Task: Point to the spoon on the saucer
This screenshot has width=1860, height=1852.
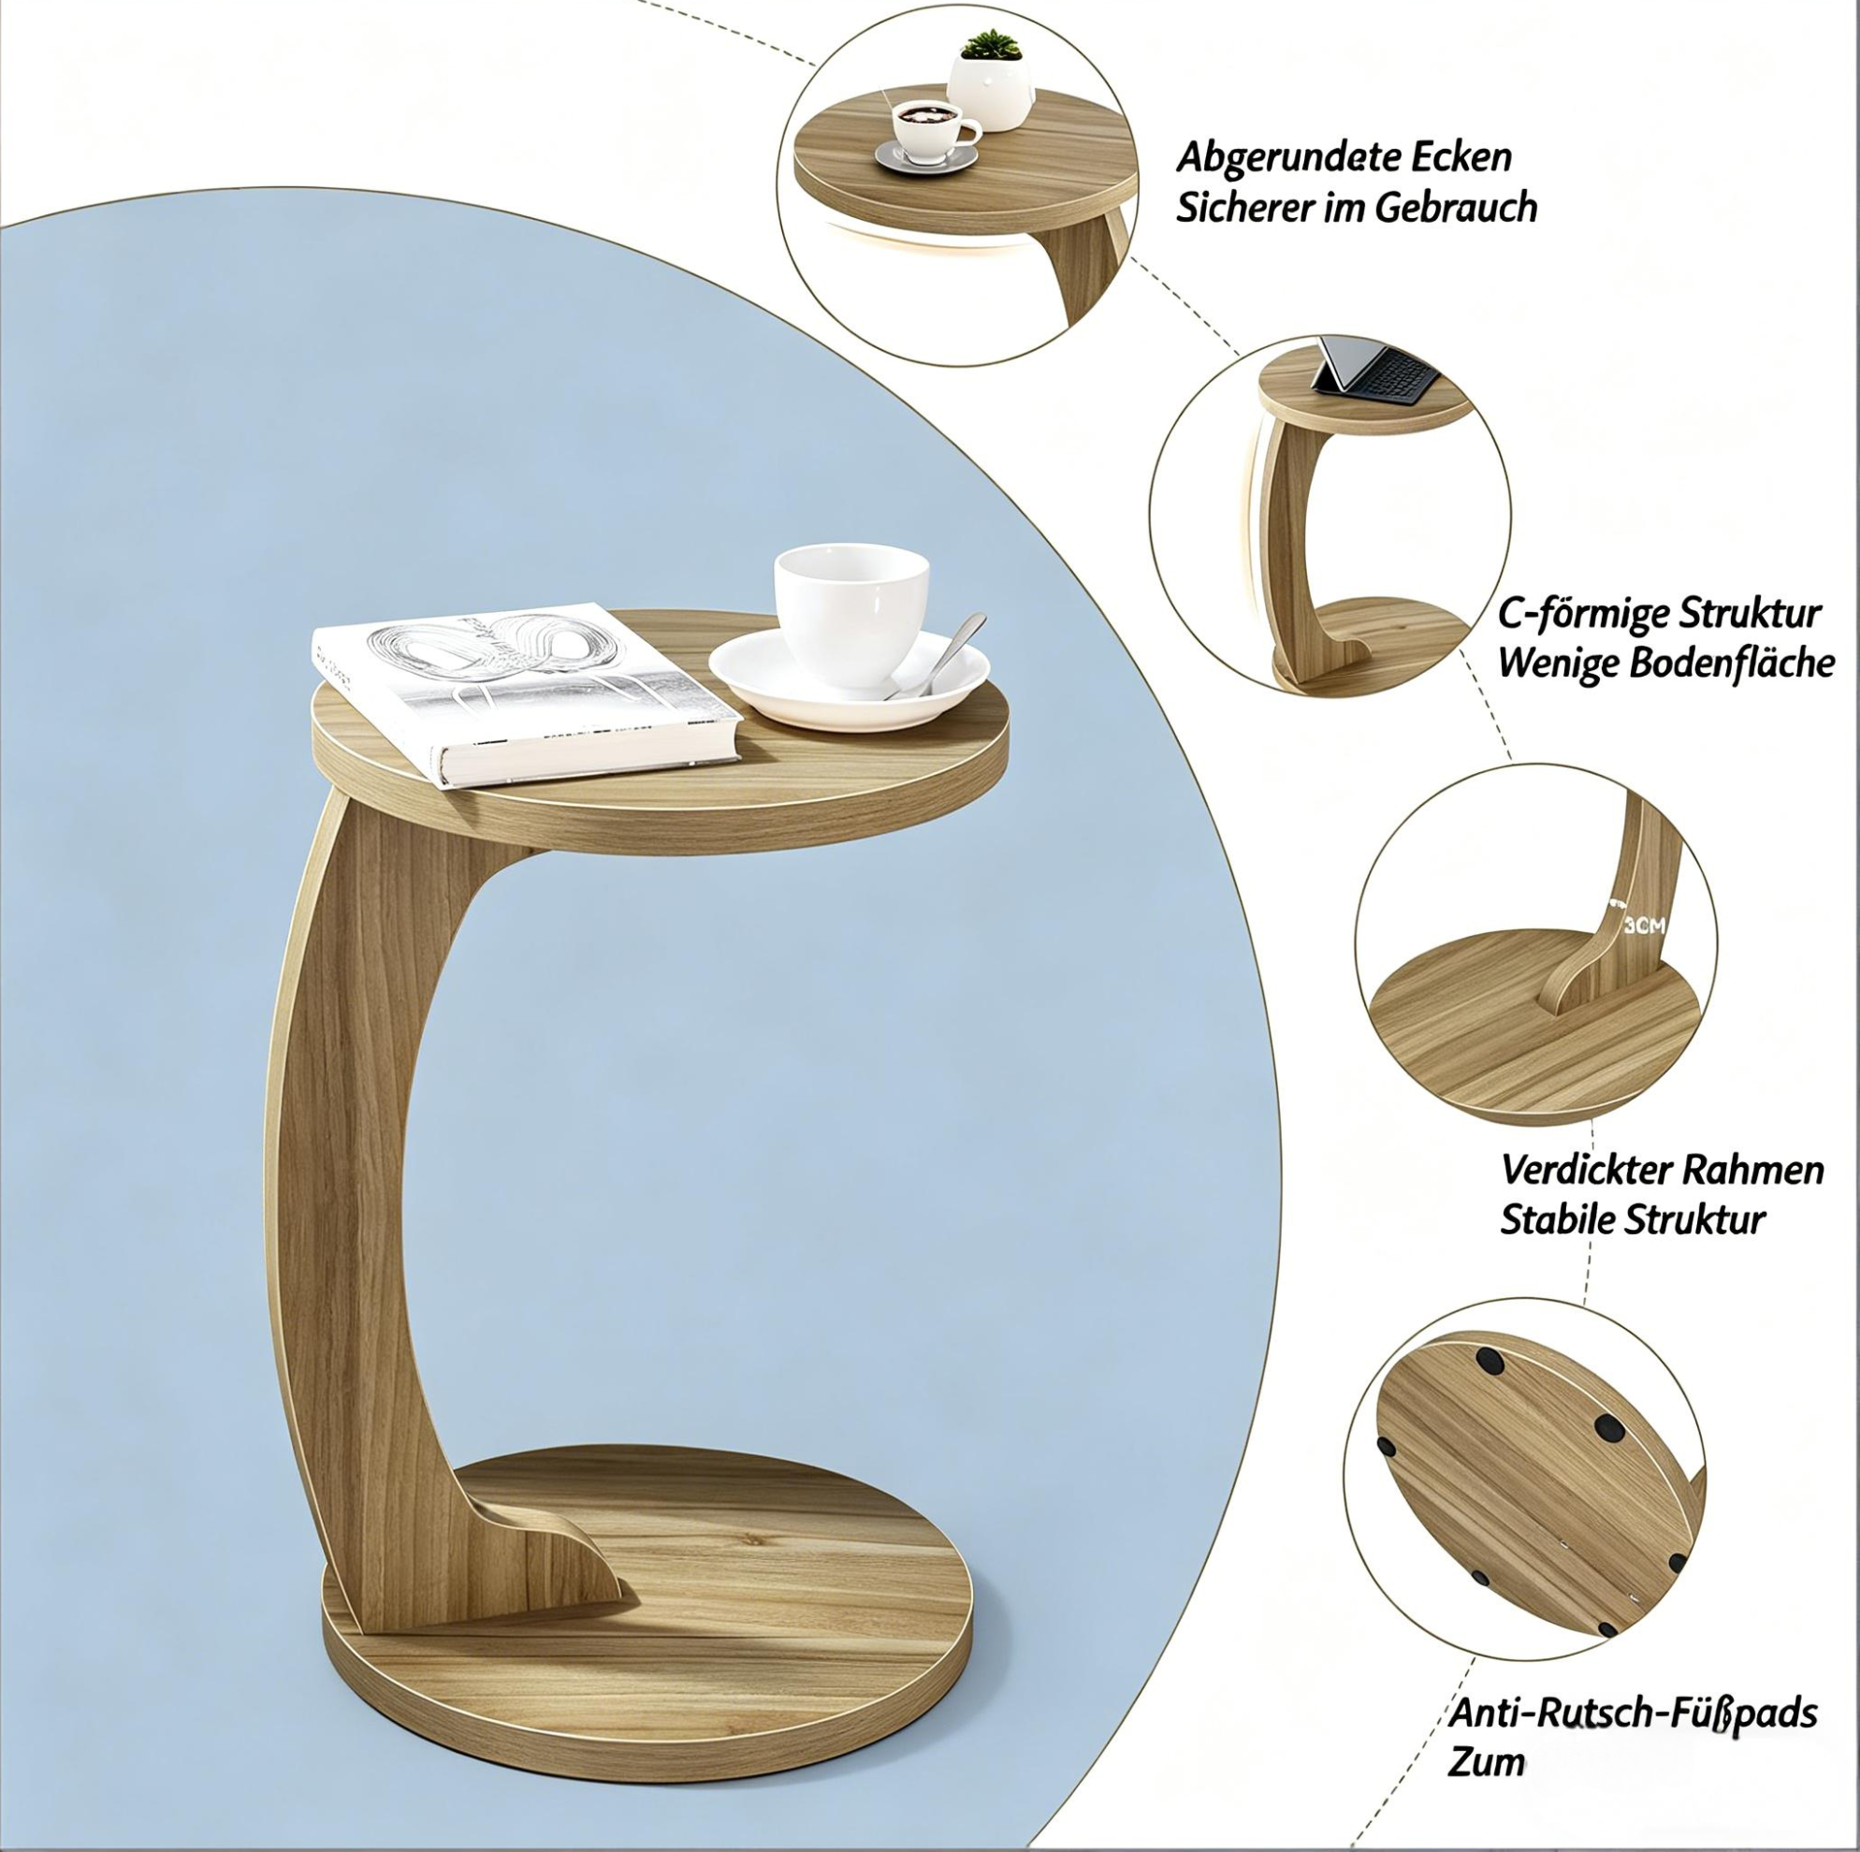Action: [939, 654]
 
